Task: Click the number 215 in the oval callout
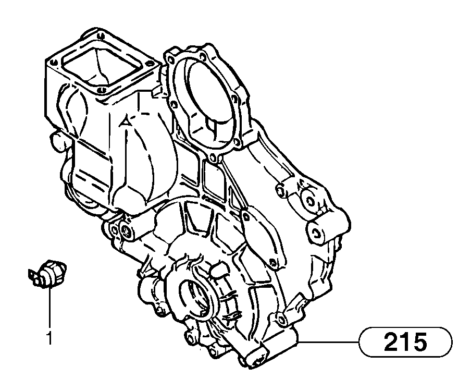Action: tap(405, 342)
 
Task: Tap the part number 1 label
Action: tap(49, 339)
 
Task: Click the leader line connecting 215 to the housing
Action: tap(328, 342)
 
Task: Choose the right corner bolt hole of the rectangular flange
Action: tap(152, 65)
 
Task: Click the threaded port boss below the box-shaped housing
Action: tap(125, 231)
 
